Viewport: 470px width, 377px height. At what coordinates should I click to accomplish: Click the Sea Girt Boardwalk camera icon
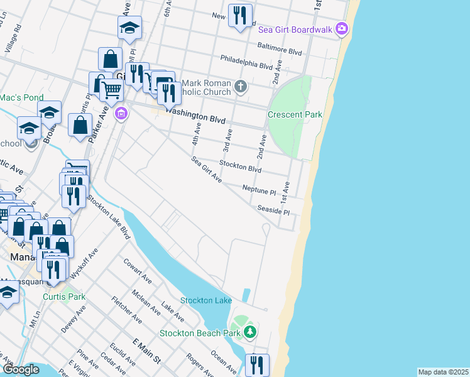(x=341, y=28)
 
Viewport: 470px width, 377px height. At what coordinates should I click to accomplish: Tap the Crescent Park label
(x=295, y=114)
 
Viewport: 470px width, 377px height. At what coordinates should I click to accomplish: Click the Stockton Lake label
(x=206, y=300)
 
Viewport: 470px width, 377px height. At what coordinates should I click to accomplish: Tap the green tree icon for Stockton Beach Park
(x=250, y=331)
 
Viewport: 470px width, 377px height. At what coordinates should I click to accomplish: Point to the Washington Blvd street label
(x=195, y=116)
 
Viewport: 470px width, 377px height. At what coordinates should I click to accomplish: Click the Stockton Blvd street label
(x=239, y=165)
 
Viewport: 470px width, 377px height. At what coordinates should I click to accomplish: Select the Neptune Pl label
(x=259, y=188)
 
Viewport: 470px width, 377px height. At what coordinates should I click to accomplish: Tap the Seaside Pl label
(x=273, y=210)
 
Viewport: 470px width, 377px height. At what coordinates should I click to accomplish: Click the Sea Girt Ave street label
(x=207, y=170)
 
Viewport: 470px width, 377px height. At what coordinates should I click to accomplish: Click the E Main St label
(x=146, y=351)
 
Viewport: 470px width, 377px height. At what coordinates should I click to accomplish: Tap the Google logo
(x=21, y=369)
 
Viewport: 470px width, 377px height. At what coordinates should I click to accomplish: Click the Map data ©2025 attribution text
(x=442, y=372)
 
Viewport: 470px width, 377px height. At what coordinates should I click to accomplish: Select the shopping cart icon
(x=111, y=89)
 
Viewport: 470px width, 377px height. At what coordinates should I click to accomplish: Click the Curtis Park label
(x=64, y=297)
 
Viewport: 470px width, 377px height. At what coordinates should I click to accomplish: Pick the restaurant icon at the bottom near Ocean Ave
(x=257, y=364)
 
